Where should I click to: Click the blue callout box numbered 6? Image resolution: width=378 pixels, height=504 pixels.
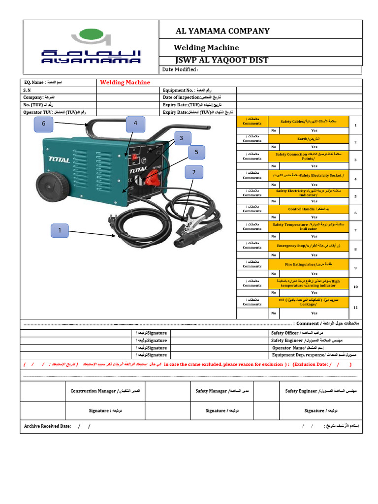43,125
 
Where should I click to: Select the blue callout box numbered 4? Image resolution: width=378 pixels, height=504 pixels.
135,125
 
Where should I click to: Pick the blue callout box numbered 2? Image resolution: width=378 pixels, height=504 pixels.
194,172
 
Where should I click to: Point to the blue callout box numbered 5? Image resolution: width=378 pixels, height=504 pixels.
196,153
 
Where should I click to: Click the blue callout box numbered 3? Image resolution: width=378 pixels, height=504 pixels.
181,138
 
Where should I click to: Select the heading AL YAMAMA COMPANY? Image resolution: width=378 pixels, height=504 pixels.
222,31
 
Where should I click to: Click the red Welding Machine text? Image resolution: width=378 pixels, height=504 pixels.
125,83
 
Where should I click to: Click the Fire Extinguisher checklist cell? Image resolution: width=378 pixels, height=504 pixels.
309,264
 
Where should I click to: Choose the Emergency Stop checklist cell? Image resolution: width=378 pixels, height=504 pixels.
309,245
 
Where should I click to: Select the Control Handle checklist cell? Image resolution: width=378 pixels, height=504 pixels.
309,209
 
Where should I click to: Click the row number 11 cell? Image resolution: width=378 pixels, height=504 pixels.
355,307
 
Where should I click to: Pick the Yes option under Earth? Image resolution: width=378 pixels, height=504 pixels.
314,147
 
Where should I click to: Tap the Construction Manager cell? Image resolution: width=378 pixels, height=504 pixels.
105,391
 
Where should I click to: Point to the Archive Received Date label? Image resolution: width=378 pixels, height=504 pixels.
48,426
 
